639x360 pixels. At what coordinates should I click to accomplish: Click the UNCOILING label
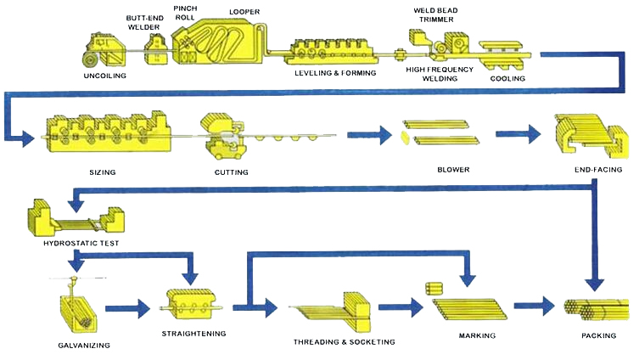[x=104, y=76]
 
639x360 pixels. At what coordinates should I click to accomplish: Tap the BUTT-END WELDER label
[x=144, y=22]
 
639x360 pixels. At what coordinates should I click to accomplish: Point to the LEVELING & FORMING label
[x=335, y=73]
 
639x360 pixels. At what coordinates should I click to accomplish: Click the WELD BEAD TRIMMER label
[x=435, y=14]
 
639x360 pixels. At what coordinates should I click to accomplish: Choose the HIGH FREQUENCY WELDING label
[x=440, y=74]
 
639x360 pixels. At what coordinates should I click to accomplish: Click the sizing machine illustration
[x=108, y=132]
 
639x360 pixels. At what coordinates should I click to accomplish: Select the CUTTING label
[x=231, y=172]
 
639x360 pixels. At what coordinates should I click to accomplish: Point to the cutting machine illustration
[x=223, y=136]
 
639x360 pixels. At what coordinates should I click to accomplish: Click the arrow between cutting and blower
[x=369, y=135]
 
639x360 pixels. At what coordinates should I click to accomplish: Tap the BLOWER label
[x=453, y=170]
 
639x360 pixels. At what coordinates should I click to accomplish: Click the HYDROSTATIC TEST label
[x=81, y=244]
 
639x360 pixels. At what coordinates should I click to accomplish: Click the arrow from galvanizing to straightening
[x=128, y=308]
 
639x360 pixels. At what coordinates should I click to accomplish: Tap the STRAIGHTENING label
[x=193, y=334]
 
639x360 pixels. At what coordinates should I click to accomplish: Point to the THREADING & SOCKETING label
[x=345, y=342]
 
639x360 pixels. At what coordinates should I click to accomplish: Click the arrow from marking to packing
[x=535, y=306]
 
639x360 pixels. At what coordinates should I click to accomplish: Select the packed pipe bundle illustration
[x=597, y=310]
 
